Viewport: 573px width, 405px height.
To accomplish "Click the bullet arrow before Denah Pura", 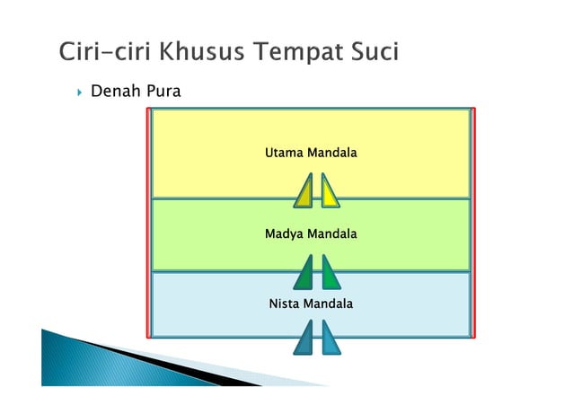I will click(79, 92).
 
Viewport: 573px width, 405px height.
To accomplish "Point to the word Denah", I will click(112, 91).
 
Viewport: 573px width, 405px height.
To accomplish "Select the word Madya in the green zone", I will click(284, 234).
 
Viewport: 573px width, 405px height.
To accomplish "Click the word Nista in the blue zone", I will click(285, 304).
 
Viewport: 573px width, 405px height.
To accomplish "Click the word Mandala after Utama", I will click(332, 154).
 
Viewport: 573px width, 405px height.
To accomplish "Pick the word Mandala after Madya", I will click(332, 234).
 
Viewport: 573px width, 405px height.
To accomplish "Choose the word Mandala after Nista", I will click(328, 304).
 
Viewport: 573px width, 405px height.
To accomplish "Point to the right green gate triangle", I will click(329, 273).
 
